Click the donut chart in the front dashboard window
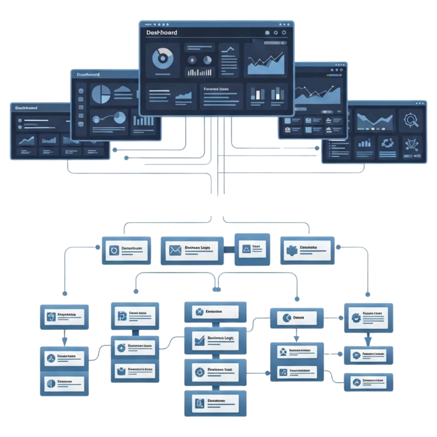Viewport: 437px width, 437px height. [162, 58]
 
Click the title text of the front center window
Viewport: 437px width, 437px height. [162, 32]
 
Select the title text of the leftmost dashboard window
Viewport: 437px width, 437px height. [26, 108]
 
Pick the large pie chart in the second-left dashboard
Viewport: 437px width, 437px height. [101, 94]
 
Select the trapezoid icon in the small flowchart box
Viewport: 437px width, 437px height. [246, 249]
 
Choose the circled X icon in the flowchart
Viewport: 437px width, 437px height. [199, 312]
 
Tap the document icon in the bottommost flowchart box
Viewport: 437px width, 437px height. [199, 403]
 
